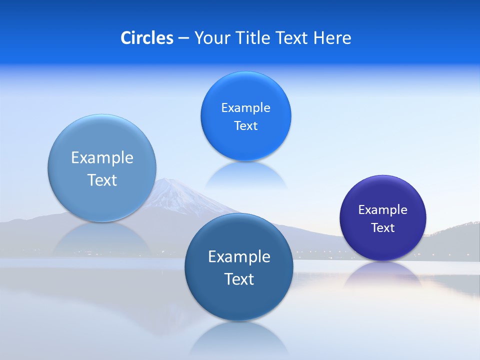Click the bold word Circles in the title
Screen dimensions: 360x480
point(147,38)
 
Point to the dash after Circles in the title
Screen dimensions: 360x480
point(183,38)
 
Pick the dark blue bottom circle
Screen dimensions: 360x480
point(239,300)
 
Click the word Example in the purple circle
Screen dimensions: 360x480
point(383,210)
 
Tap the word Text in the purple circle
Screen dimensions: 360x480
point(383,228)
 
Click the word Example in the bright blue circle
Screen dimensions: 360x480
point(246,108)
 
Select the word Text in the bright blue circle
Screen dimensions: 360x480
point(246,126)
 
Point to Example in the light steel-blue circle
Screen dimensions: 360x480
point(102,158)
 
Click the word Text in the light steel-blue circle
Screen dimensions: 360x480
point(102,180)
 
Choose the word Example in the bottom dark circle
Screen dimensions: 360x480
point(239,257)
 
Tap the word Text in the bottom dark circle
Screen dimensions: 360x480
point(239,279)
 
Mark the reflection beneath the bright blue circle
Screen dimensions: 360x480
point(246,175)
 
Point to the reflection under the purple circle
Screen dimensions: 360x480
point(383,275)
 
